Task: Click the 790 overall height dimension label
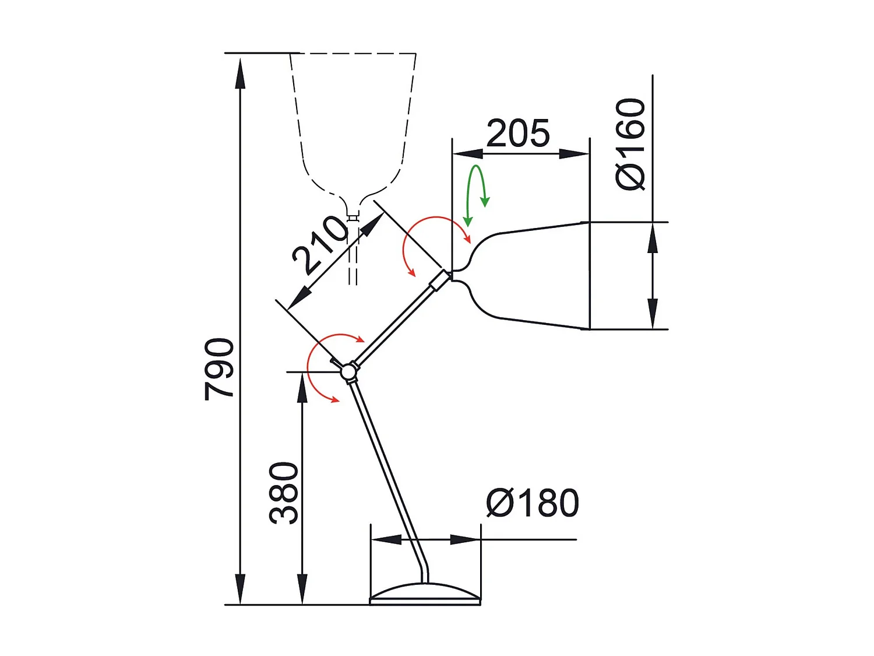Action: point(219,369)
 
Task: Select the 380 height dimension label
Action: point(284,493)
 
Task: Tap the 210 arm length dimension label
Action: point(320,244)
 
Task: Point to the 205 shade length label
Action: point(518,134)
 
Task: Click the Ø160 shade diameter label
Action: point(630,144)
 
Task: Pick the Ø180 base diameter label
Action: point(533,503)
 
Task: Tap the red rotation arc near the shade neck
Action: point(408,239)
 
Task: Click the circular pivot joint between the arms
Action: point(348,371)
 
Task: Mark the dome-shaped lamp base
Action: point(425,593)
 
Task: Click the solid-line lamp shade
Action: point(536,276)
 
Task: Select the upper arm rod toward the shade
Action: point(396,324)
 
